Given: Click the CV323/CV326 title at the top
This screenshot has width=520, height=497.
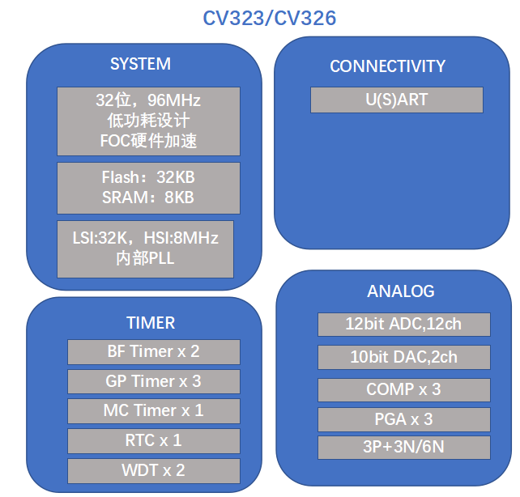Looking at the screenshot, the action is [x=269, y=18].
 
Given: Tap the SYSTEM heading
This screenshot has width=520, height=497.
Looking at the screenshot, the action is [x=141, y=64].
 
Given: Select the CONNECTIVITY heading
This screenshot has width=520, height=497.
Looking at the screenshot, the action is [x=387, y=66].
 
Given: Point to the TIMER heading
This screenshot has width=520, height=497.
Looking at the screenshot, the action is [x=151, y=323].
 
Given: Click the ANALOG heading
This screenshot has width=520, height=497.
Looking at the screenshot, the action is [x=401, y=291].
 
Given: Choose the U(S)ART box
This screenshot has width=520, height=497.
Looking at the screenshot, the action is [x=397, y=100].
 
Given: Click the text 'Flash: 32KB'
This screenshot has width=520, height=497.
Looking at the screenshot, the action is [x=148, y=177].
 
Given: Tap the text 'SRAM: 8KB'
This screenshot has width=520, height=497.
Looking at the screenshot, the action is [x=148, y=198].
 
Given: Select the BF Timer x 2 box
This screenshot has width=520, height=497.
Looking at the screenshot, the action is [x=154, y=352].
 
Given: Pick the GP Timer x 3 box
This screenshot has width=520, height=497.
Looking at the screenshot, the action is [x=154, y=381].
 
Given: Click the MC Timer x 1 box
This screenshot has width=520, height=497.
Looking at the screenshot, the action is [x=154, y=411].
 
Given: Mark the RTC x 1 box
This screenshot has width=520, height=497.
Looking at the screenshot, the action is [x=154, y=440].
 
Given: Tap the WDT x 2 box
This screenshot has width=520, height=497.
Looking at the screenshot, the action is [x=154, y=471].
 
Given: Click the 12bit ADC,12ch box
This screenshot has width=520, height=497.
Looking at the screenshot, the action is [x=404, y=325].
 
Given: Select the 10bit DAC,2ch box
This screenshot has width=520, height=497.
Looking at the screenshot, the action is [x=404, y=357].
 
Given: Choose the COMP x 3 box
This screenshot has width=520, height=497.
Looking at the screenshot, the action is [x=404, y=389].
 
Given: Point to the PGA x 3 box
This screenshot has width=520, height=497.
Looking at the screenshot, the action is [x=404, y=419].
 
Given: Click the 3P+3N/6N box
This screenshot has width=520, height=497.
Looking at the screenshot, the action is [x=404, y=448].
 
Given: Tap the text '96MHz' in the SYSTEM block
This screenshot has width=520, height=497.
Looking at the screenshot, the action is [x=174, y=100].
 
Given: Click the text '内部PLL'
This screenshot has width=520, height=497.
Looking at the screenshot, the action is [x=145, y=258].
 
